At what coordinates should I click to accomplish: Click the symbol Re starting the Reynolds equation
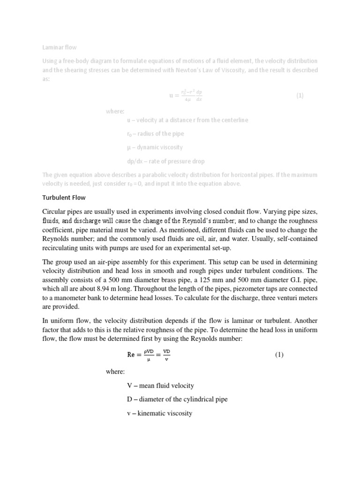pyautogui.click(x=131, y=355)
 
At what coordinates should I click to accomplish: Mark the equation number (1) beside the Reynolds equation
pyautogui.click(x=279, y=355)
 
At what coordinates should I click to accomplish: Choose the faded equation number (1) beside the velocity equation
pyautogui.click(x=300, y=96)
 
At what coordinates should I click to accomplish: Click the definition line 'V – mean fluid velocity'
pyautogui.click(x=160, y=386)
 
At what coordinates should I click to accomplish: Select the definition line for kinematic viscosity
pyautogui.click(x=159, y=413)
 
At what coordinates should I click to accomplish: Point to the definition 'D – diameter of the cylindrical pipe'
pyautogui.click(x=177, y=399)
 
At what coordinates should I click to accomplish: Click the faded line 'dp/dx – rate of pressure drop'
pyautogui.click(x=162, y=161)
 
